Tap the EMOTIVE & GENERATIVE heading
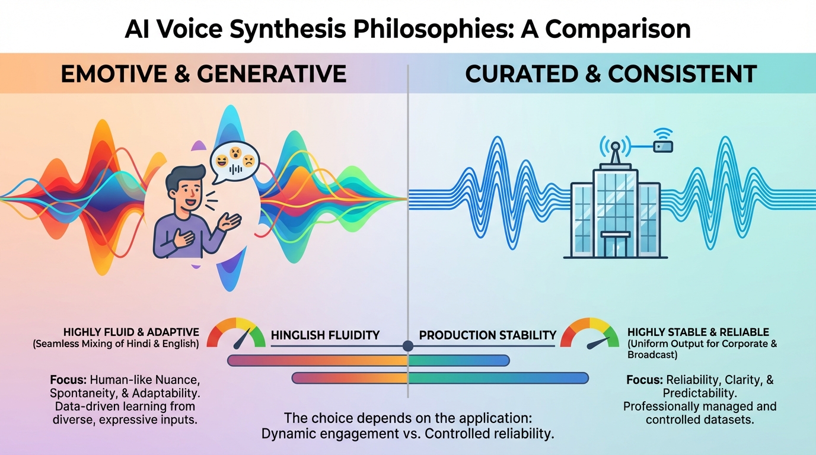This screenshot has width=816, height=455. pyautogui.click(x=203, y=74)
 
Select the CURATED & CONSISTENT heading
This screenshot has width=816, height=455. pyautogui.click(x=611, y=74)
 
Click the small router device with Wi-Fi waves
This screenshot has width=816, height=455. pyautogui.click(x=662, y=145)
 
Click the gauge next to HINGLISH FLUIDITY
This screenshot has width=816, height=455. pyautogui.click(x=236, y=333)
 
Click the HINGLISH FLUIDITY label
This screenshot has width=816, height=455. pyautogui.click(x=325, y=335)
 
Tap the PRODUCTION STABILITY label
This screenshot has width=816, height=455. pyautogui.click(x=487, y=335)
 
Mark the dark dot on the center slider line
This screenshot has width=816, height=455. pyautogui.click(x=407, y=345)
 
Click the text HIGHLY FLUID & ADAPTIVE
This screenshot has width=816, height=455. pyautogui.click(x=131, y=332)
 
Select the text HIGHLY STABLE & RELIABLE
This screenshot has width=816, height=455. pyautogui.click(x=698, y=332)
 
